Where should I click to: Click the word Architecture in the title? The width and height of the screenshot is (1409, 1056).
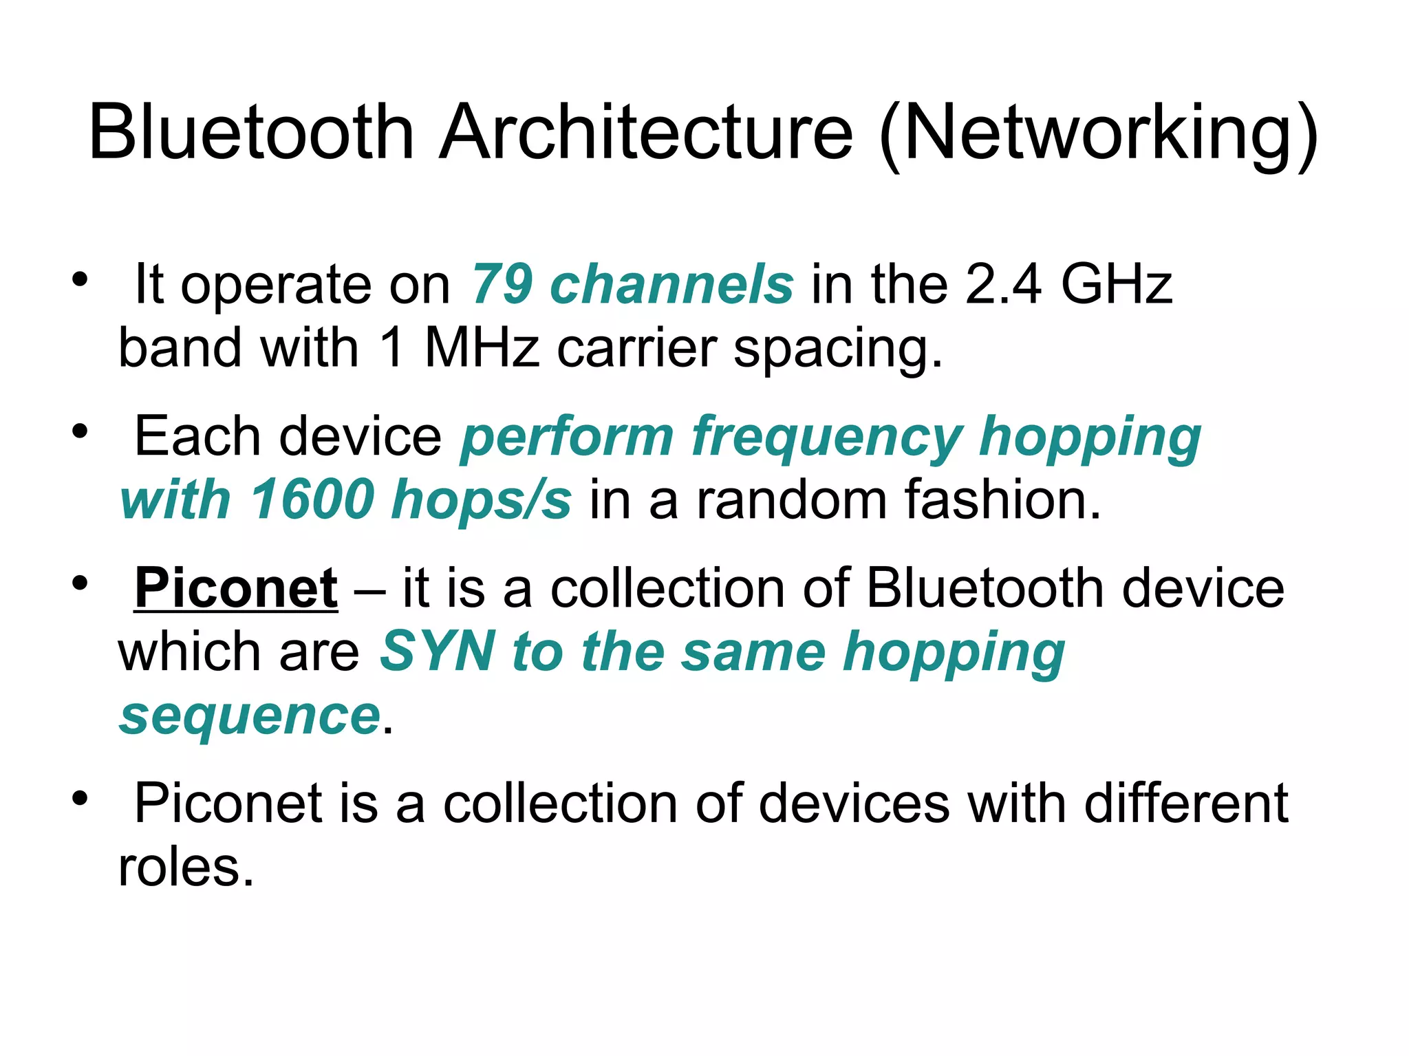tap(646, 131)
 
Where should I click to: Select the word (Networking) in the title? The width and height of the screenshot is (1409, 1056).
tap(1099, 133)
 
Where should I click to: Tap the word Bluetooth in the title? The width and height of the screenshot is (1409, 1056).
tap(251, 131)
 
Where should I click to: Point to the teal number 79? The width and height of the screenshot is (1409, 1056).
tap(502, 284)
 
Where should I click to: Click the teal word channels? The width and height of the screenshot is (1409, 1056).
tap(672, 284)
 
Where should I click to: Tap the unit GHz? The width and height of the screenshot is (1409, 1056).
tap(1116, 284)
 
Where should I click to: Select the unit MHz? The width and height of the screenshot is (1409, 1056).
tap(482, 347)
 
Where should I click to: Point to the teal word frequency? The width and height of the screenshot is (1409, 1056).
tap(827, 438)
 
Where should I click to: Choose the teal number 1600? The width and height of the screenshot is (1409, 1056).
tap(313, 499)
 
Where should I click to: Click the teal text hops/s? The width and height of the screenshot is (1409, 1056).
tap(481, 501)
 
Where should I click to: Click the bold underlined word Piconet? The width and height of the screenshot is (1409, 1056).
tap(236, 588)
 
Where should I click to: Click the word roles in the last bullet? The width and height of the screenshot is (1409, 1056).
tap(186, 867)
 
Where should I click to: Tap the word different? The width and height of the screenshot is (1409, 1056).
tap(1186, 803)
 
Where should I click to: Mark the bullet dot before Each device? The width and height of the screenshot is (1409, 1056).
tap(80, 431)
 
